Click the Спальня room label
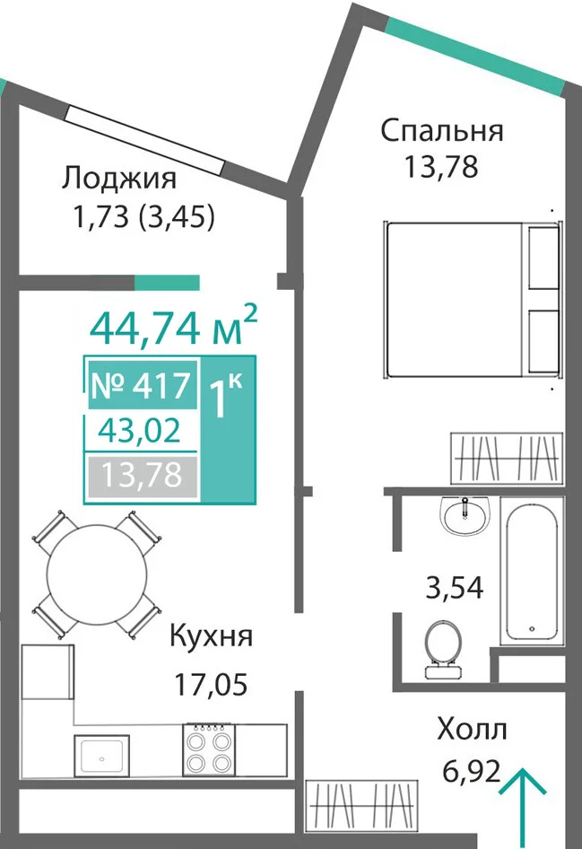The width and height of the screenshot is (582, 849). (442, 132)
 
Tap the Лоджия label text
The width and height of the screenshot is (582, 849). (119, 179)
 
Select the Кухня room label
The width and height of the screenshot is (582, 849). (211, 636)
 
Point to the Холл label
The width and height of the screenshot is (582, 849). (472, 730)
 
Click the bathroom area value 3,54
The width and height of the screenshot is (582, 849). (455, 588)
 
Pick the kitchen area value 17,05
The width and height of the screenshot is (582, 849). (211, 684)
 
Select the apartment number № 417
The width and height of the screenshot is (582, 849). (142, 386)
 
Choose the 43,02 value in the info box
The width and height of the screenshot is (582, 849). (140, 432)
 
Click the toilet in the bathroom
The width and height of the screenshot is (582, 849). (443, 649)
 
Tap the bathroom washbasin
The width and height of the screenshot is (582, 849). (465, 516)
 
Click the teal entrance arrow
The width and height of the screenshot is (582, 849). (522, 808)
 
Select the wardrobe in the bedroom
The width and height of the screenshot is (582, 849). (507, 458)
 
